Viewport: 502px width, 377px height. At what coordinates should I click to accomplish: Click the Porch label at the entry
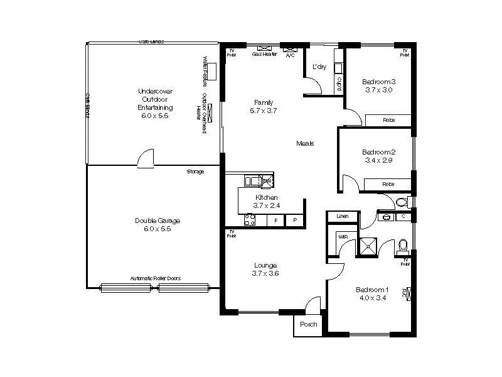coord(308,325)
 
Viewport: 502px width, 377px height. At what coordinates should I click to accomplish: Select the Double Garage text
coord(157,221)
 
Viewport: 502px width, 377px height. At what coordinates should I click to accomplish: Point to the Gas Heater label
coord(264,55)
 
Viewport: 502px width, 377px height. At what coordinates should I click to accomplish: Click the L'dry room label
coord(319,67)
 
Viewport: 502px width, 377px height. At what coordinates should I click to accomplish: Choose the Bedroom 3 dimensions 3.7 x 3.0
coord(378,90)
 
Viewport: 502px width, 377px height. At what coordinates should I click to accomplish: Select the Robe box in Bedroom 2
coord(388,184)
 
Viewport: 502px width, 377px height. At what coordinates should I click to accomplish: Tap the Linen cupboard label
coord(342,216)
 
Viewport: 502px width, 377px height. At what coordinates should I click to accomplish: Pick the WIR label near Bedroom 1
coord(343,237)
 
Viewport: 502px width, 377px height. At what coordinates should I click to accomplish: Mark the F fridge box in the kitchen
coord(275,221)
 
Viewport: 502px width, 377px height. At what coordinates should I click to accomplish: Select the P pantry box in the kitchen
coord(294,221)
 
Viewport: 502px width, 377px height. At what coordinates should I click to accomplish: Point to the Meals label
coord(305,143)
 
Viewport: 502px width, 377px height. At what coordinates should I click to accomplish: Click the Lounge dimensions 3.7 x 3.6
coord(265,273)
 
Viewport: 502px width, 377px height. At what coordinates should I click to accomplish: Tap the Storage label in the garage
coord(195,172)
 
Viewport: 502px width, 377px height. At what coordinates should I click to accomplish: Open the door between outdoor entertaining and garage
coord(146,158)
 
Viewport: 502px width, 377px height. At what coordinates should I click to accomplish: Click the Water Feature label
coord(205,71)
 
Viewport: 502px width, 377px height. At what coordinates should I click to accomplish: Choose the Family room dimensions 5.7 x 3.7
coord(263,111)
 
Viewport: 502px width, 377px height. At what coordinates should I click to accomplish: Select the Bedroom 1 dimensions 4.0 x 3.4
coord(372,298)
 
